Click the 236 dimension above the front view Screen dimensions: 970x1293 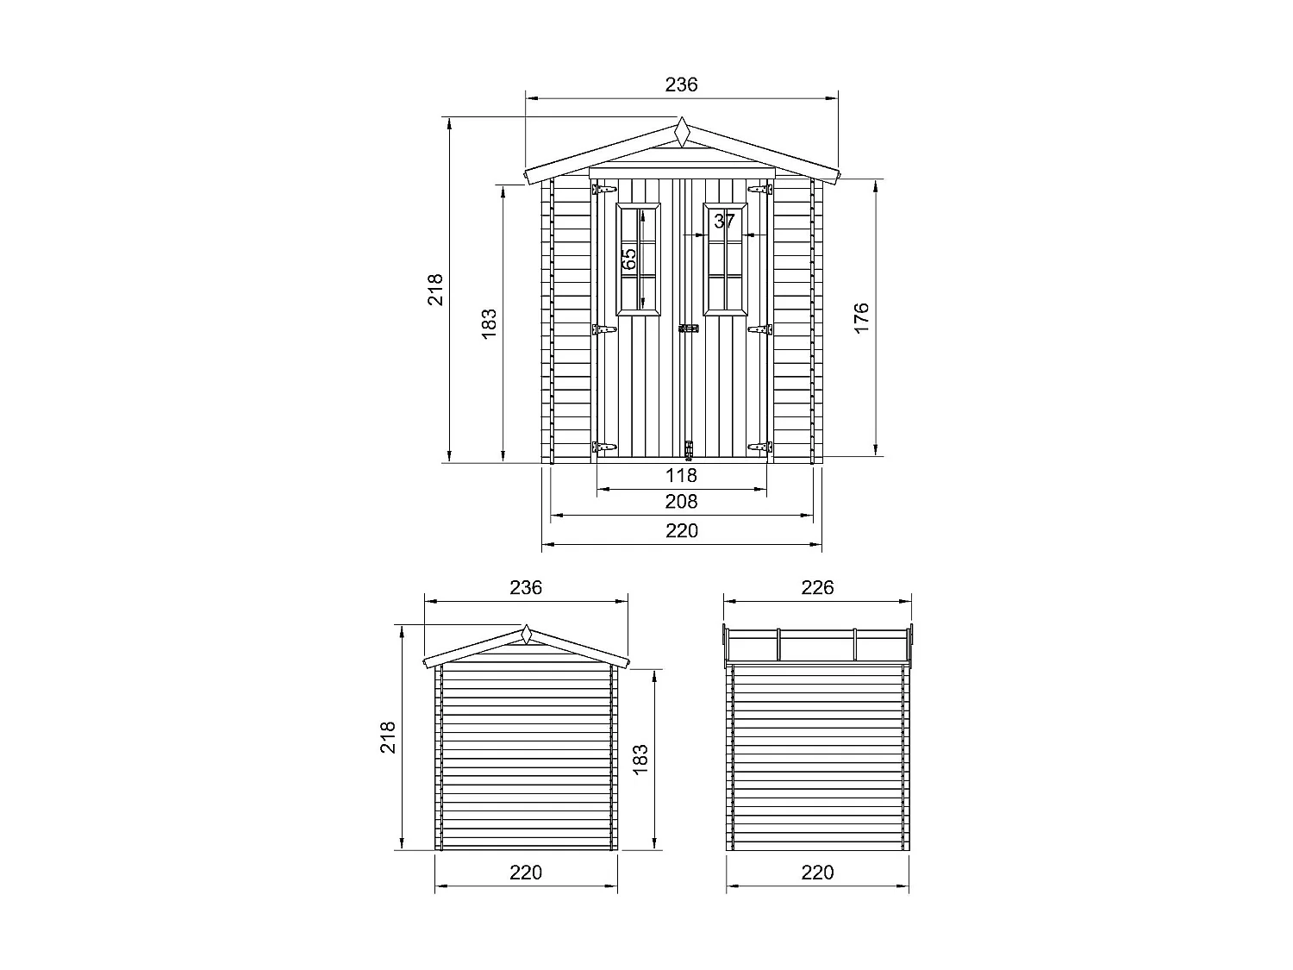(681, 84)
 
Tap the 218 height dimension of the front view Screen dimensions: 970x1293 (435, 289)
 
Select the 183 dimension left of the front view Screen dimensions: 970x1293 (490, 323)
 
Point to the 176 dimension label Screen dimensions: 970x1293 (862, 318)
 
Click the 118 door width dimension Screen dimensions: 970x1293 (681, 475)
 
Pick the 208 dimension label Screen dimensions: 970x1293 (681, 502)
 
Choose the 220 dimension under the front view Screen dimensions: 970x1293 (681, 530)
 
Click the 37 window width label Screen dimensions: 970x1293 (725, 221)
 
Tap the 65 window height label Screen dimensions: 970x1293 (629, 257)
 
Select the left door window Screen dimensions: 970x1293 (639, 259)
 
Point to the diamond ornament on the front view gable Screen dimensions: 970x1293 (682, 133)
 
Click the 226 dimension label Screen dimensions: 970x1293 (817, 587)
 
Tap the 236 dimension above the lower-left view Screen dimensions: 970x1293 (526, 587)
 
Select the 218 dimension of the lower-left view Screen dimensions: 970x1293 (389, 737)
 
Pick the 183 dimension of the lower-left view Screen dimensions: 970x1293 (640, 760)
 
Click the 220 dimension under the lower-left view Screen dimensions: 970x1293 (526, 873)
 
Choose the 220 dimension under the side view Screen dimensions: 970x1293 (817, 873)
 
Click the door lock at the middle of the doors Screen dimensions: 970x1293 (688, 329)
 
